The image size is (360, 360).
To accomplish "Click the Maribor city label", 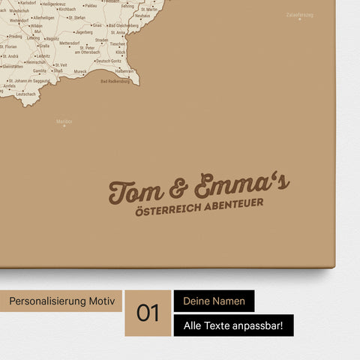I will (64, 121).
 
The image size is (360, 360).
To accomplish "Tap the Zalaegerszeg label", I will (299, 14).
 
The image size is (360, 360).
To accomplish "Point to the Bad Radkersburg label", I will (115, 81).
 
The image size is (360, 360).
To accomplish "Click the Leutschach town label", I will (25, 94).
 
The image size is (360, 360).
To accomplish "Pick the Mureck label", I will (80, 71).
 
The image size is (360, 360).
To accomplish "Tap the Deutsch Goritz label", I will (118, 61).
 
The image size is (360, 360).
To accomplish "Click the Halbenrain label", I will (124, 71).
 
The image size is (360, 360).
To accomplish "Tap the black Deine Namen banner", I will (214, 301).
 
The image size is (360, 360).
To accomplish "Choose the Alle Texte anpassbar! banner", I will (233, 325).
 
